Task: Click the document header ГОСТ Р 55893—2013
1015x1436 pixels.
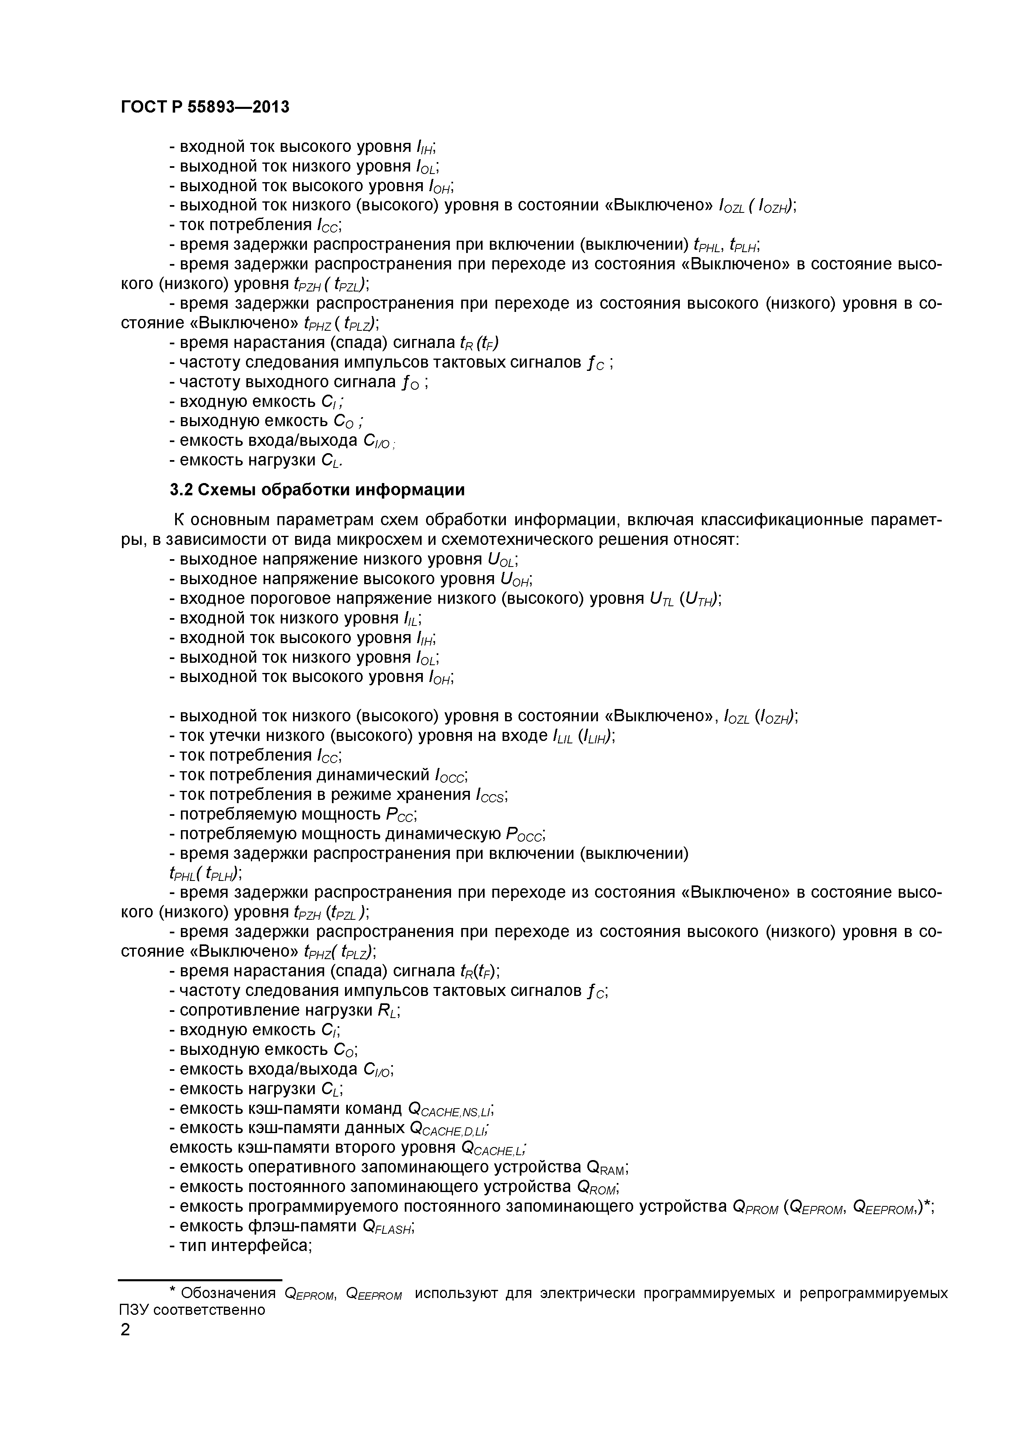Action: point(205,107)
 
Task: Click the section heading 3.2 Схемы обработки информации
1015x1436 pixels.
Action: point(317,490)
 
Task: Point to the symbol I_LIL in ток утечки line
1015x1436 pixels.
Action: point(564,737)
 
